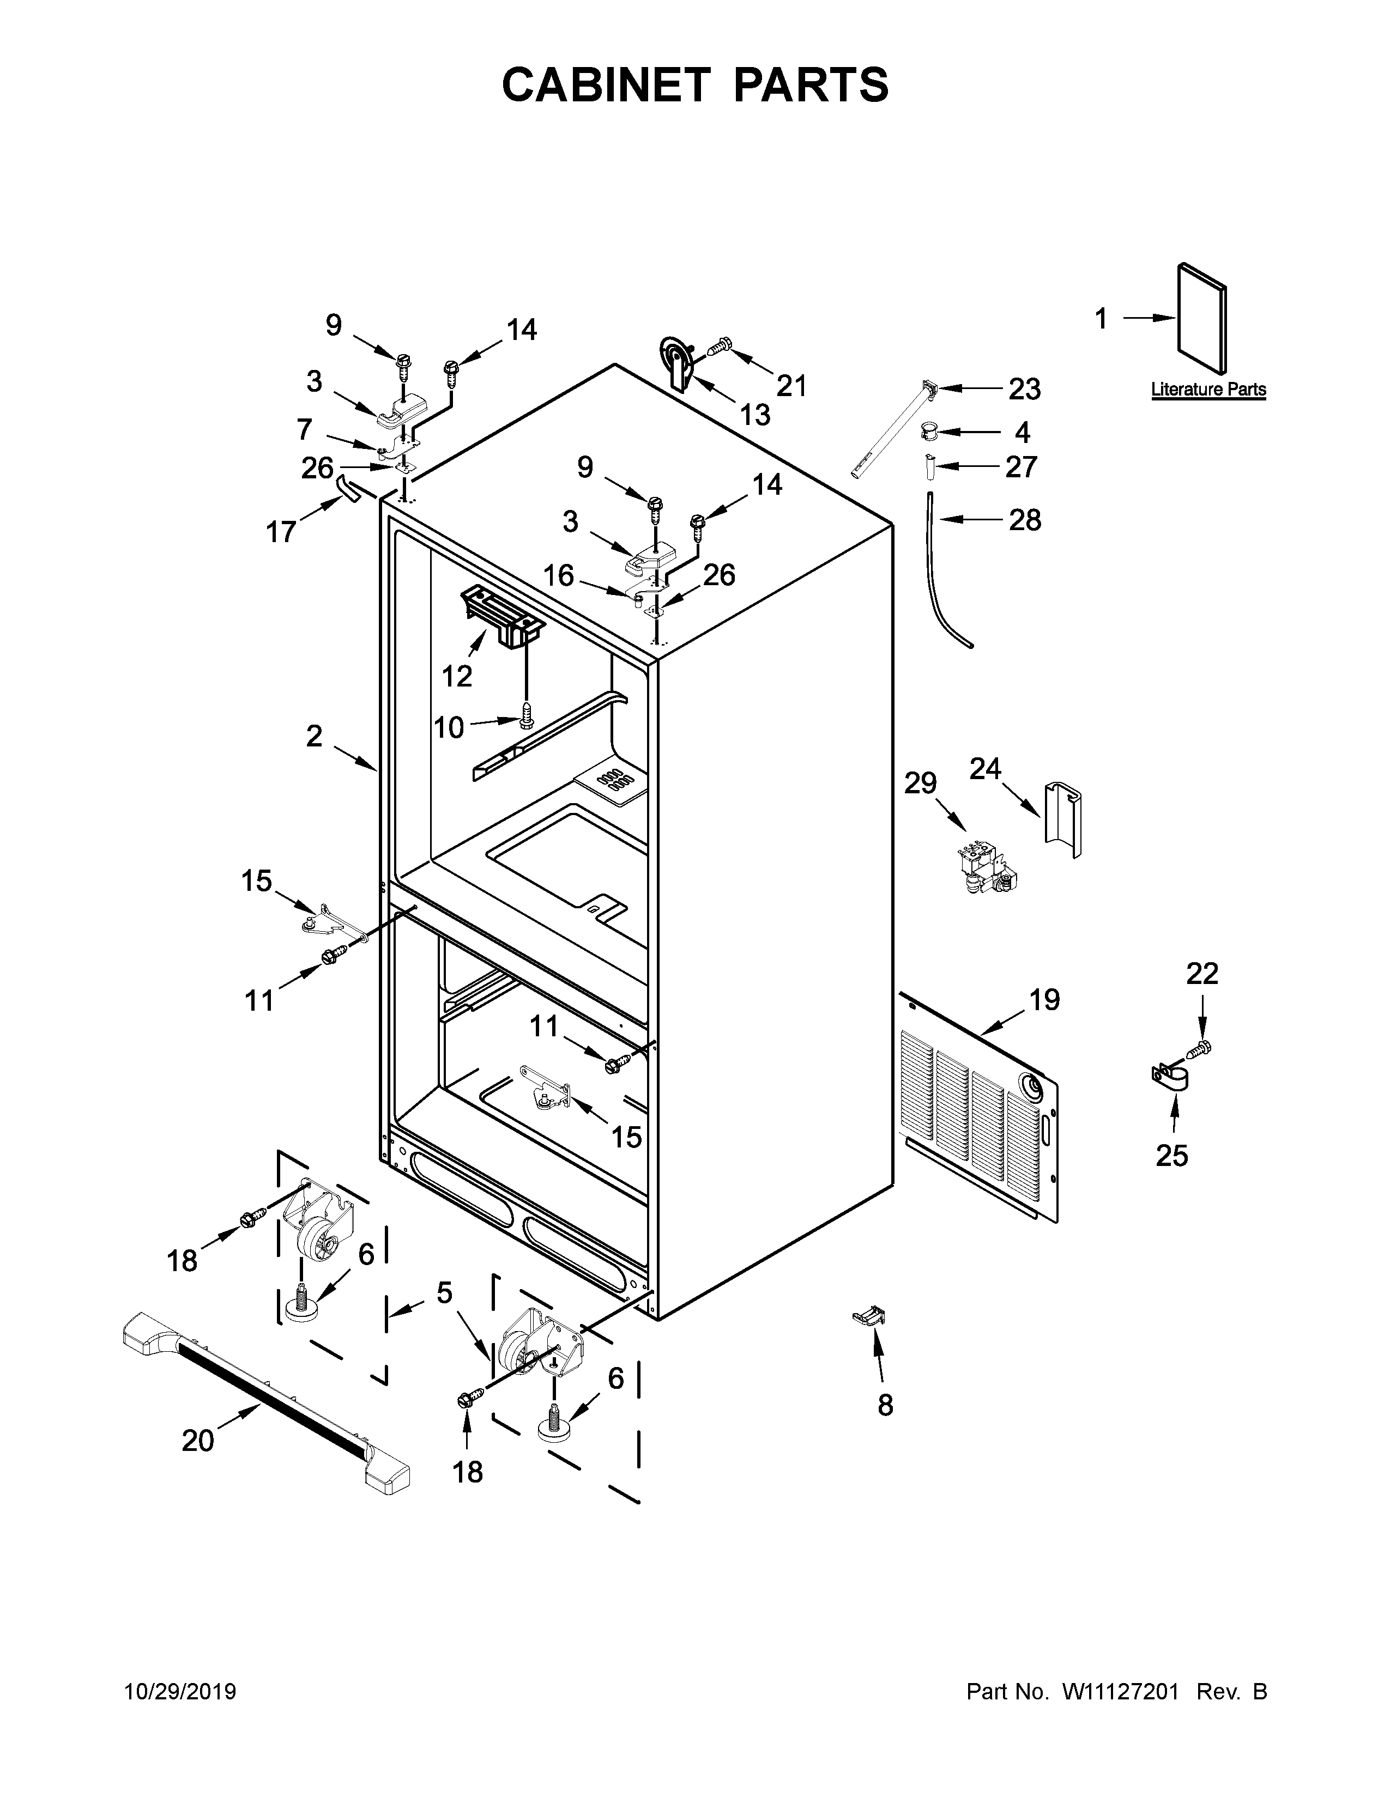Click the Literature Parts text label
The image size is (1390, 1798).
(1208, 390)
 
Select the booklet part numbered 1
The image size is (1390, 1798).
(1203, 319)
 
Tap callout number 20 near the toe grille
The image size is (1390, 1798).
(198, 1441)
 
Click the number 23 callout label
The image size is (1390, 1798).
(1024, 390)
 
